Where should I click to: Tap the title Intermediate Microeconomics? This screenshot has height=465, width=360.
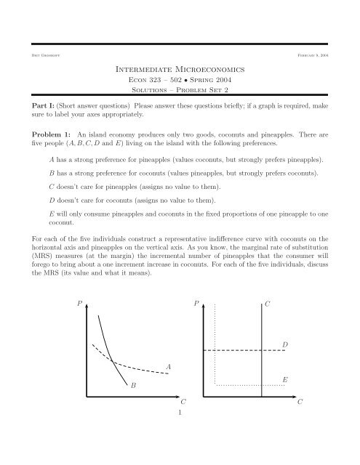point(180,72)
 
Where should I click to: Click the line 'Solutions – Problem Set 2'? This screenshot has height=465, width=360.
point(180,98)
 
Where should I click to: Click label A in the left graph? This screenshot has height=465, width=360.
point(169,368)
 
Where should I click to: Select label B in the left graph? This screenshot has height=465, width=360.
point(133,388)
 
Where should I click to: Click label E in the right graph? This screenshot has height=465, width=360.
point(285,379)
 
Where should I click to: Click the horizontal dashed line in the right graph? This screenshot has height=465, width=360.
point(240,350)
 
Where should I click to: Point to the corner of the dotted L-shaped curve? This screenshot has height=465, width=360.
point(215,384)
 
